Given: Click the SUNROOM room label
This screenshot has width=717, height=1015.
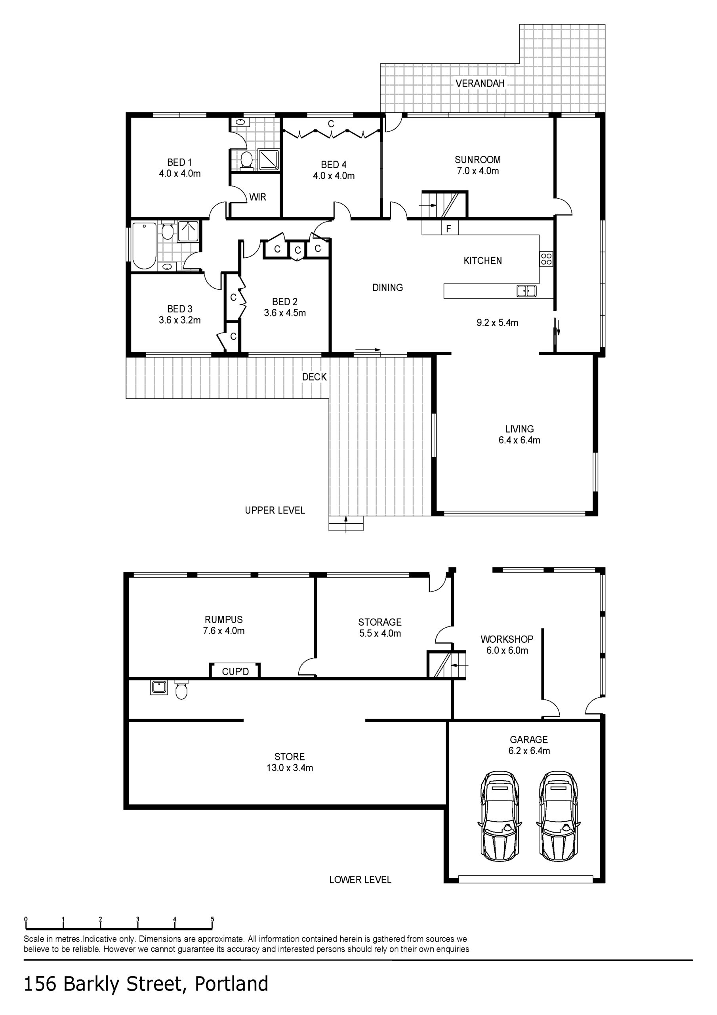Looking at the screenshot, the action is point(478,160).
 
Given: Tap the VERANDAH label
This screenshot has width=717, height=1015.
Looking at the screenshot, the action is point(480,83).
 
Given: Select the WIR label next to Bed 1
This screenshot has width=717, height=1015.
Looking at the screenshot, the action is point(257,197).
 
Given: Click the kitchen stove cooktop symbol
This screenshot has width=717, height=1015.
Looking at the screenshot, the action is point(546,259).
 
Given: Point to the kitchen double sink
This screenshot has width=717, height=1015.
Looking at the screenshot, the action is point(526,291).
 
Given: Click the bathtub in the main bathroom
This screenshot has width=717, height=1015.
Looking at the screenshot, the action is point(145,246).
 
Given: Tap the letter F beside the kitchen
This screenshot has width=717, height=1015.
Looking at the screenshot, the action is point(449,229).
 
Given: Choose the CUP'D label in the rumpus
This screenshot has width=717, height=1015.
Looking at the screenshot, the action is point(235,672).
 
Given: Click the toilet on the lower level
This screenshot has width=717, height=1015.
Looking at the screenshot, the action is point(181,690).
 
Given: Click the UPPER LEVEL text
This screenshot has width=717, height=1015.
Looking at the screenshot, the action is point(275,510).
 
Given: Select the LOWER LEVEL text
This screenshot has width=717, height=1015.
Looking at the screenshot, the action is point(360,880).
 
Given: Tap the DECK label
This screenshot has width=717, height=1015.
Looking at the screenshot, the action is point(314,377).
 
